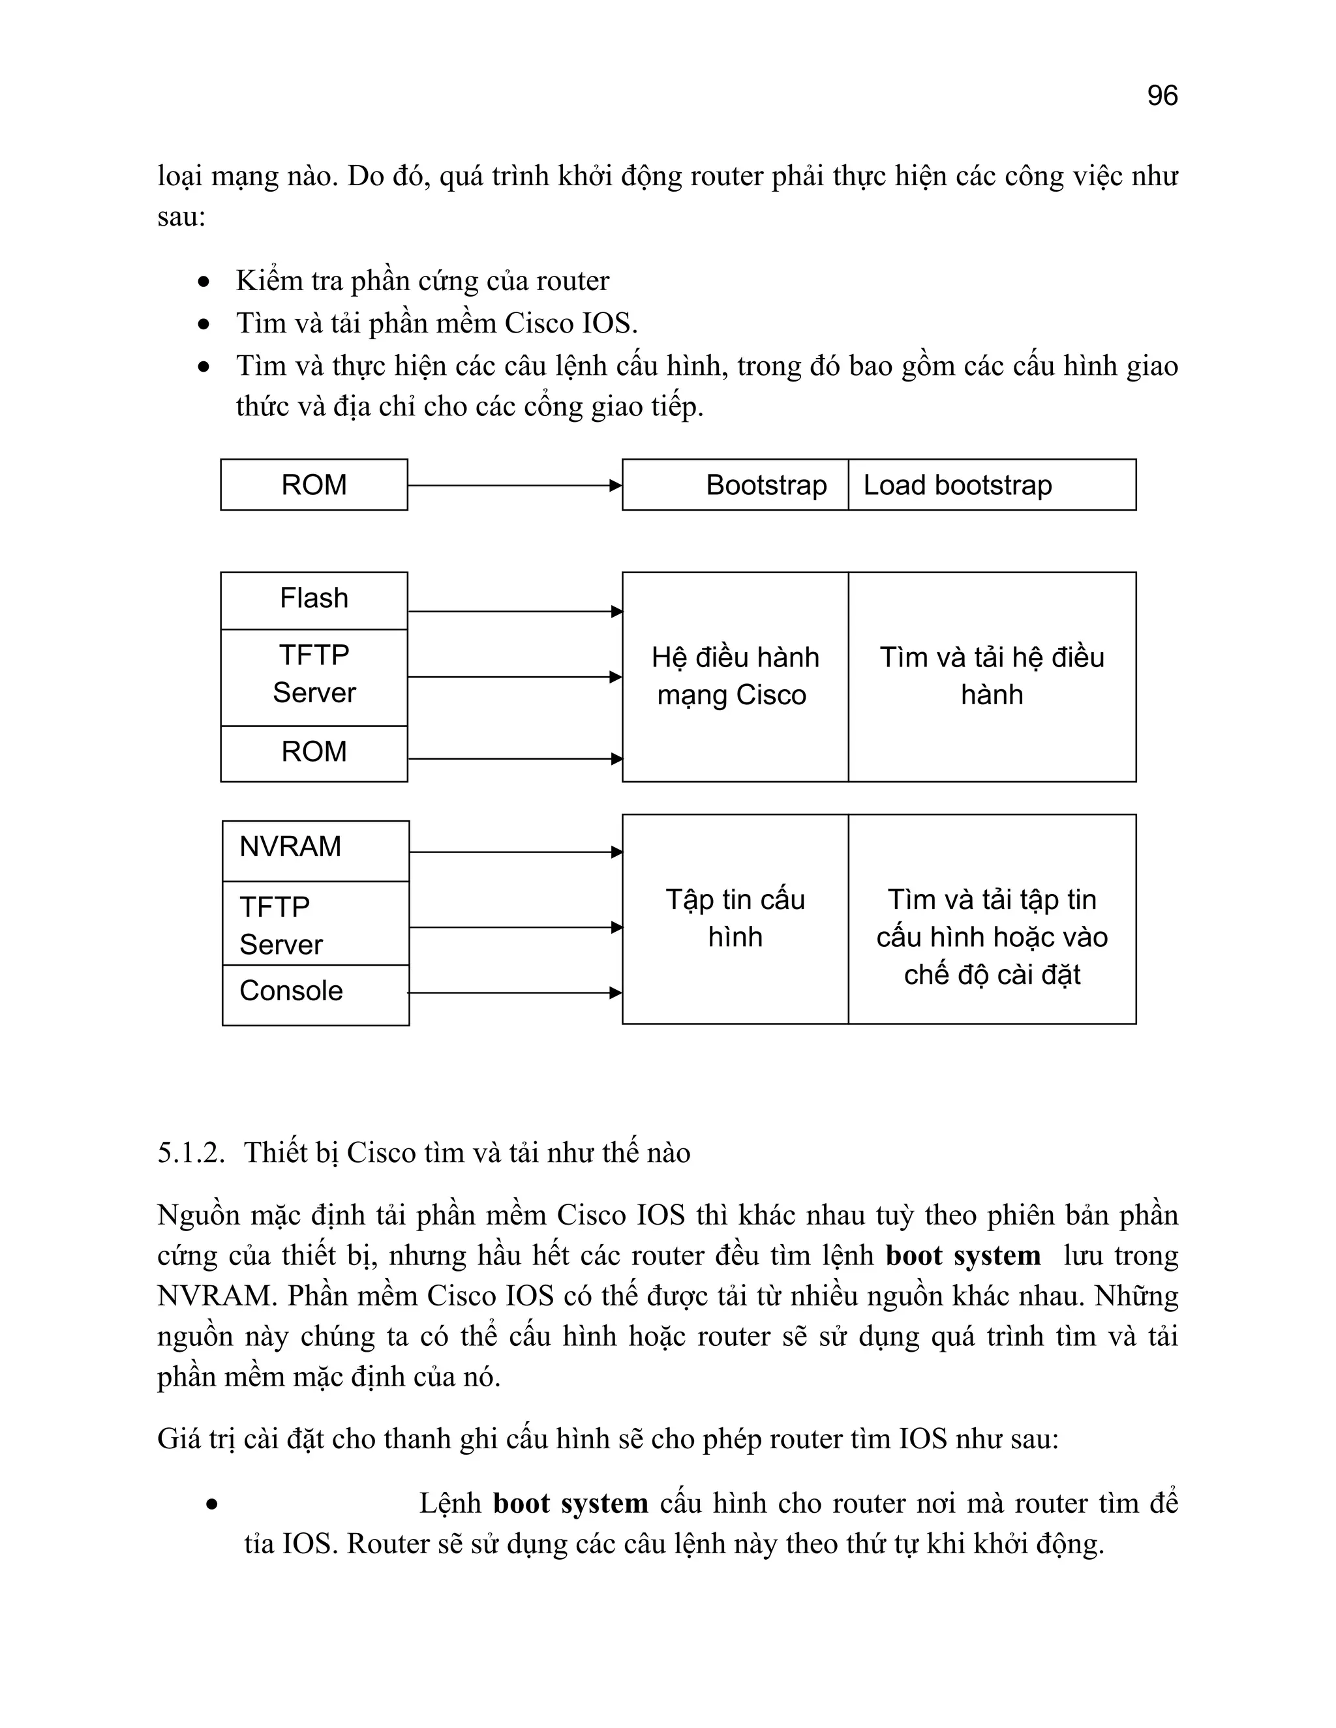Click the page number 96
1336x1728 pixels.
pyautogui.click(x=1162, y=96)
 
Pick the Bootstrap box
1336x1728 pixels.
pyautogui.click(x=735, y=485)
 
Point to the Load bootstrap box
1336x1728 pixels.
pyautogui.click(x=992, y=485)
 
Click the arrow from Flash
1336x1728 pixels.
pyautogui.click(x=515, y=612)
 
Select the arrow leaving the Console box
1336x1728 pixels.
pyautogui.click(x=515, y=993)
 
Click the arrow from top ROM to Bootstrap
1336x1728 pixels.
pyautogui.click(x=515, y=486)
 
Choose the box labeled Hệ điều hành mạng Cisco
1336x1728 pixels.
pyautogui.click(x=735, y=676)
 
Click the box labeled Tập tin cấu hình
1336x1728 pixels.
pyautogui.click(x=735, y=919)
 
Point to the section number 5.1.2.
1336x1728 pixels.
pyautogui.click(x=190, y=1153)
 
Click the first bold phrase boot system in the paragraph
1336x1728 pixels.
pyautogui.click(x=962, y=1256)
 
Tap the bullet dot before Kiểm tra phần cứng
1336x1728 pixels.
pyautogui.click(x=204, y=282)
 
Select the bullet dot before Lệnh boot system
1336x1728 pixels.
pyautogui.click(x=211, y=1504)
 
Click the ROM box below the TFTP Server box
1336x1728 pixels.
pyautogui.click(x=314, y=753)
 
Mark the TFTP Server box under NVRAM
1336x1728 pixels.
pyautogui.click(x=315, y=923)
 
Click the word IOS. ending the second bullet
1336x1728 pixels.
pyautogui.click(x=609, y=323)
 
